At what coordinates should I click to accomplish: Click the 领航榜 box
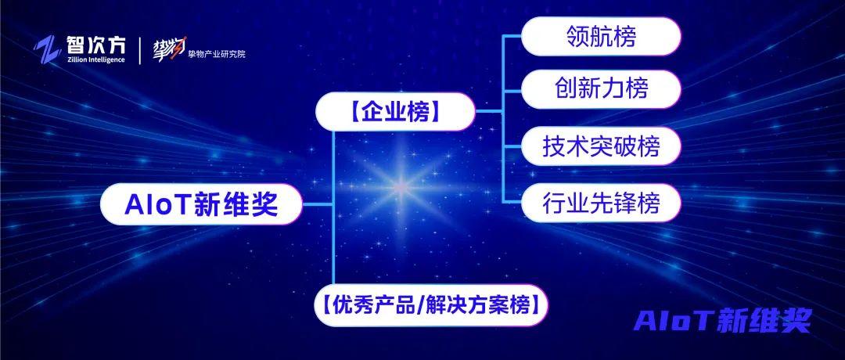click(x=601, y=37)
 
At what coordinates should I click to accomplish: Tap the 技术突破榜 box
click(x=601, y=146)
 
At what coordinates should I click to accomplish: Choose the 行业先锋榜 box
click(x=601, y=203)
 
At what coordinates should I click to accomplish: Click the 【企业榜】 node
click(x=395, y=111)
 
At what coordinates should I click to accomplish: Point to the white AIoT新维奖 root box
click(x=202, y=205)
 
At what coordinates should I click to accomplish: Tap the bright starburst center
click(x=401, y=186)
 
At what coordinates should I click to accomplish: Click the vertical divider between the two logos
click(x=140, y=50)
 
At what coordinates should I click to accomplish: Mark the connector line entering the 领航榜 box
click(x=512, y=37)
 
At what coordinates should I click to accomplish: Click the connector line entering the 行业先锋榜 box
click(x=512, y=203)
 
